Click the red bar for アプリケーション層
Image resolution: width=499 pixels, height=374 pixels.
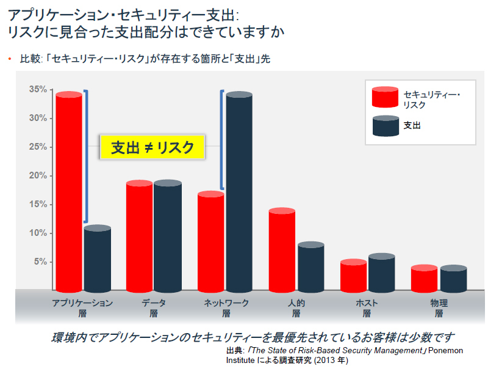68,193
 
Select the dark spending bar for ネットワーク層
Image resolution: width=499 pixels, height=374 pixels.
239,193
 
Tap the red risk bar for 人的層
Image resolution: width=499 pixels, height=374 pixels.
282,251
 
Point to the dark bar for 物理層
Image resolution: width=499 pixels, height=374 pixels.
453,279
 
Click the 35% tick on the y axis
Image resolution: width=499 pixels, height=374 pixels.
38,89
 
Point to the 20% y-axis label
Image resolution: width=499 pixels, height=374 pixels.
38,176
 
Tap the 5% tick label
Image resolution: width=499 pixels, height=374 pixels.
40,262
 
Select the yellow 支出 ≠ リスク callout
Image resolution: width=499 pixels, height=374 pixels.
153,147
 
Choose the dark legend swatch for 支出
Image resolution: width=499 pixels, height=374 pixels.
385,126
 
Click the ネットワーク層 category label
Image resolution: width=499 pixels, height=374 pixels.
226,308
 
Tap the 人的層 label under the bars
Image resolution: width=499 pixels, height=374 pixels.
296,308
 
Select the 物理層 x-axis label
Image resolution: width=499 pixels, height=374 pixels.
439,308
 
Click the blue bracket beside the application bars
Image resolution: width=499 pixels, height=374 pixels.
86,156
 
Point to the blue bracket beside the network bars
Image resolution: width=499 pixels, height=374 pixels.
223,141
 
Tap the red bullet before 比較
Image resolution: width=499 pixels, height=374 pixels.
10,59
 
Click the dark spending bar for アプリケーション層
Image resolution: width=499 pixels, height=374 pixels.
98,260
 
